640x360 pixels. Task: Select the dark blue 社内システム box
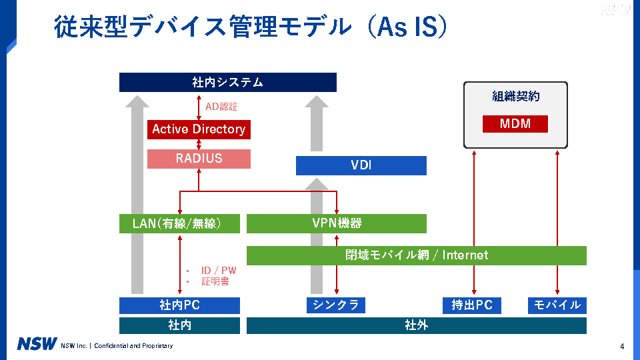(x=227, y=83)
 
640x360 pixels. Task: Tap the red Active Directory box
(x=199, y=129)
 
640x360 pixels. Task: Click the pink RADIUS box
(x=199, y=159)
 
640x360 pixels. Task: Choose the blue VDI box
(x=361, y=165)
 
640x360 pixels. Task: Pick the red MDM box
(x=515, y=124)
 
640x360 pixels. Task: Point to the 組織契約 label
(x=515, y=97)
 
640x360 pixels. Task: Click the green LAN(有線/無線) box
(x=179, y=224)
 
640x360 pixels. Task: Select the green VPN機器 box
(x=337, y=223)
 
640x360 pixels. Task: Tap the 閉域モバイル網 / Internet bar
(x=417, y=255)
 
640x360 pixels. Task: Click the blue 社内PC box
(x=179, y=305)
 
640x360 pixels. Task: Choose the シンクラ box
(x=336, y=305)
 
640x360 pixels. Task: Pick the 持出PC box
(x=472, y=305)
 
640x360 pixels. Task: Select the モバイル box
(x=557, y=305)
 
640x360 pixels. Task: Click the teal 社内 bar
(x=179, y=325)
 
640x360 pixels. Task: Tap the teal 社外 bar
(x=417, y=325)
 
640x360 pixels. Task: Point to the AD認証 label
(x=221, y=106)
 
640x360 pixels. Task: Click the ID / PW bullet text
(x=219, y=271)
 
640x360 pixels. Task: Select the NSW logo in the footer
(x=37, y=345)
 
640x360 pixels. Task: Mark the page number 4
(x=621, y=346)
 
